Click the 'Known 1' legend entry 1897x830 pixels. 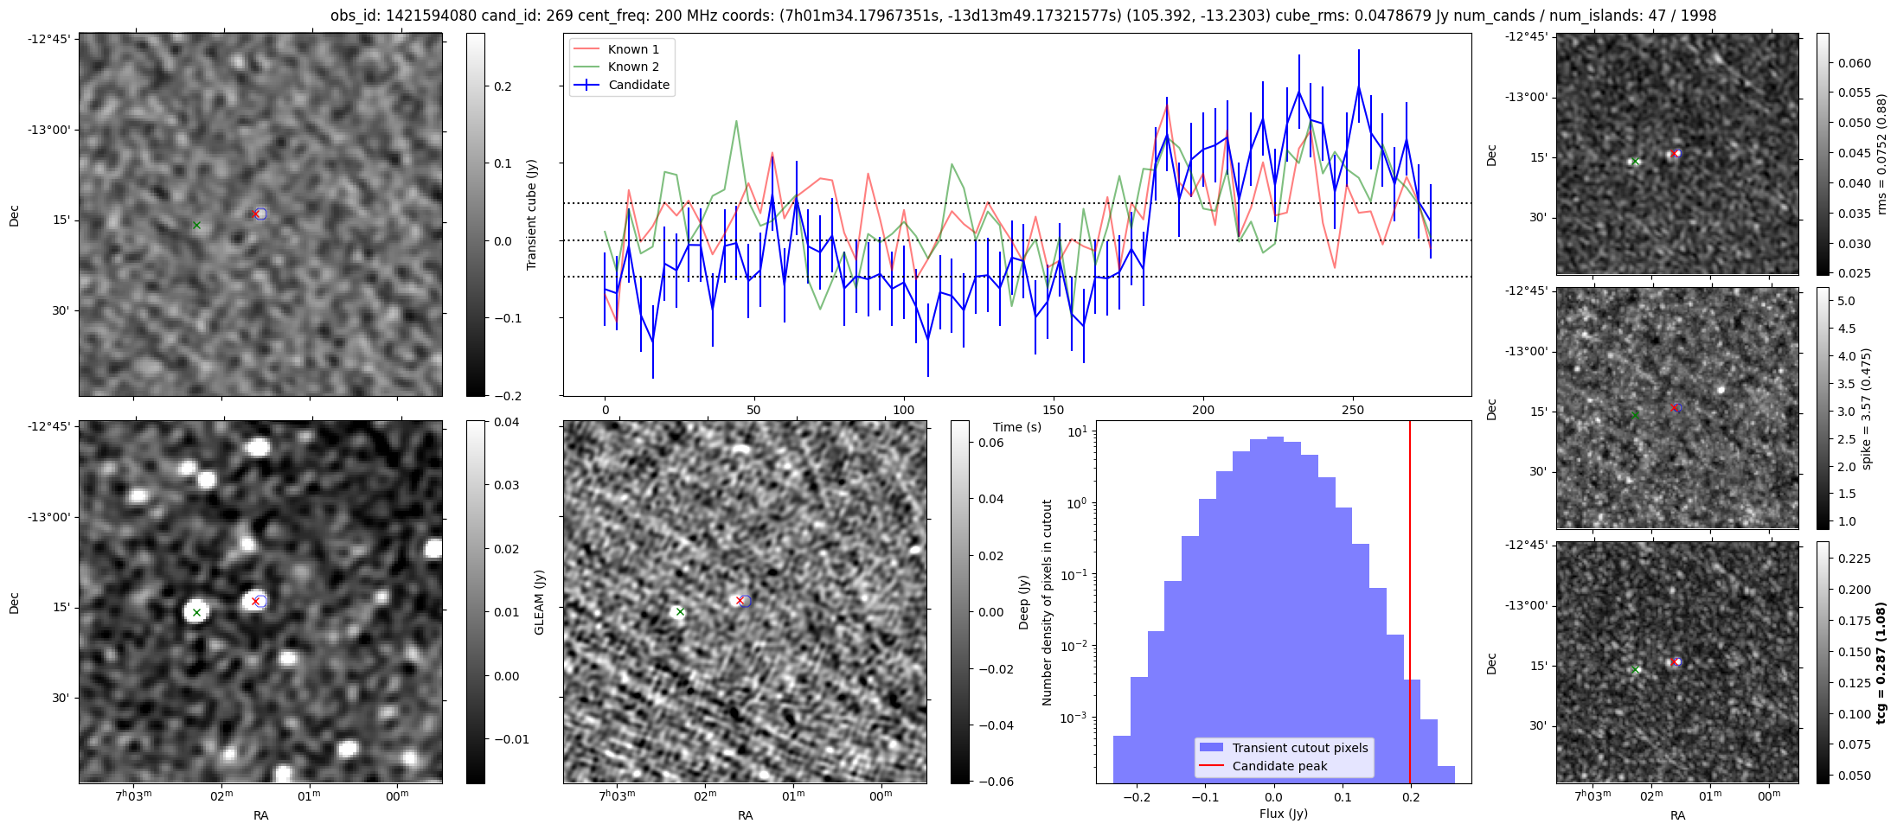632,49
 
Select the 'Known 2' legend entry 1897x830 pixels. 632,67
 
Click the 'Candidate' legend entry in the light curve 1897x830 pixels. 638,85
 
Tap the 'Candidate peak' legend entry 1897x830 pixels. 1279,766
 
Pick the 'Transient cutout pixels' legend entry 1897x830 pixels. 1299,748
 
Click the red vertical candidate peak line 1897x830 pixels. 1410,605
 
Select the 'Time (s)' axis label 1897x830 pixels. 1017,427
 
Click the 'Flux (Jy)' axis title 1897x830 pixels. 1284,814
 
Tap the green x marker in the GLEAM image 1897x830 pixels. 197,612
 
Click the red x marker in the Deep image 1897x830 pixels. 740,600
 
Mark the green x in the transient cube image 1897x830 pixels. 196,226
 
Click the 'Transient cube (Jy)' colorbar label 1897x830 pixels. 532,214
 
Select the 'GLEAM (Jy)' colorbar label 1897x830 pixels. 540,602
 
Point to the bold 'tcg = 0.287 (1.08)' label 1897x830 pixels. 1881,662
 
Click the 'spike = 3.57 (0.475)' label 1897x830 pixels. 1867,408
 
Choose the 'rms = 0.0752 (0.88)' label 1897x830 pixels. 1881,154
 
